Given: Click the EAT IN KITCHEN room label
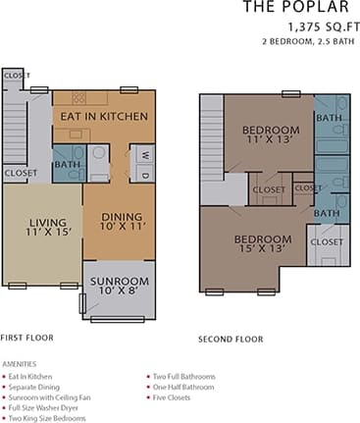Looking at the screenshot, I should [x=104, y=117].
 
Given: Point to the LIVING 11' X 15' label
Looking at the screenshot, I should [x=40, y=229].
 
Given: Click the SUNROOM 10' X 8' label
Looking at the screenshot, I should [x=119, y=286].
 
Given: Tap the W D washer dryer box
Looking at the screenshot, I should [x=142, y=164].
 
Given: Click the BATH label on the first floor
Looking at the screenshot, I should [x=68, y=165].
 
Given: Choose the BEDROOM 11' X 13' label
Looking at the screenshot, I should [x=271, y=136].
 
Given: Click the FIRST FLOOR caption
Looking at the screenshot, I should [x=27, y=336].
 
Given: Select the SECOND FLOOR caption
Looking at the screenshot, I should [x=231, y=340].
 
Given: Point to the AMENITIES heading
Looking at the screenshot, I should [x=20, y=363].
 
